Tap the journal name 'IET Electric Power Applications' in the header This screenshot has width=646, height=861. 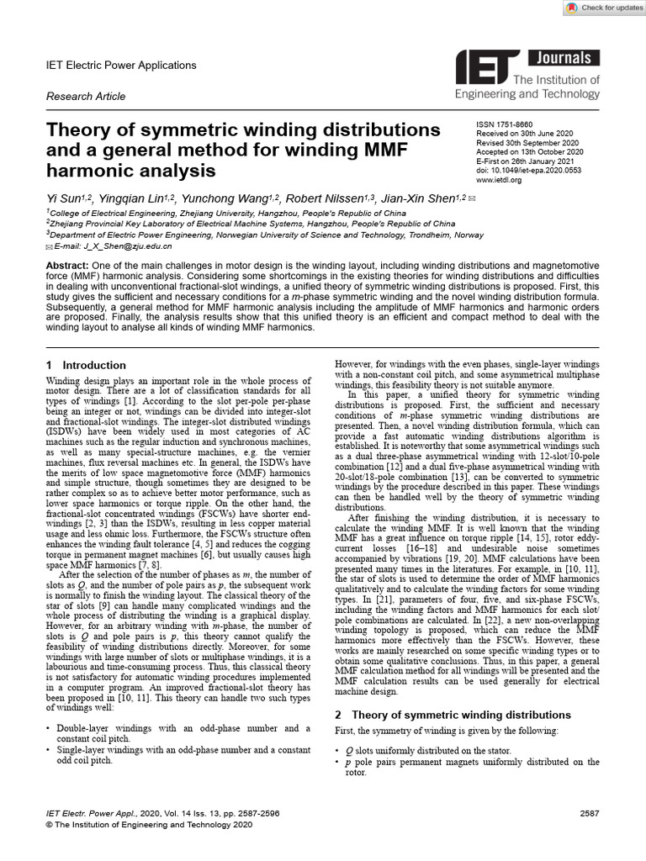(121, 65)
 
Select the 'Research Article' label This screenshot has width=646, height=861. (86, 97)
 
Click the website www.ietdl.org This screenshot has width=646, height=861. (499, 180)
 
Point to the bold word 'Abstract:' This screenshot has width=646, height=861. (70, 266)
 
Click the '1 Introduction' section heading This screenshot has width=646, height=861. (86, 365)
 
